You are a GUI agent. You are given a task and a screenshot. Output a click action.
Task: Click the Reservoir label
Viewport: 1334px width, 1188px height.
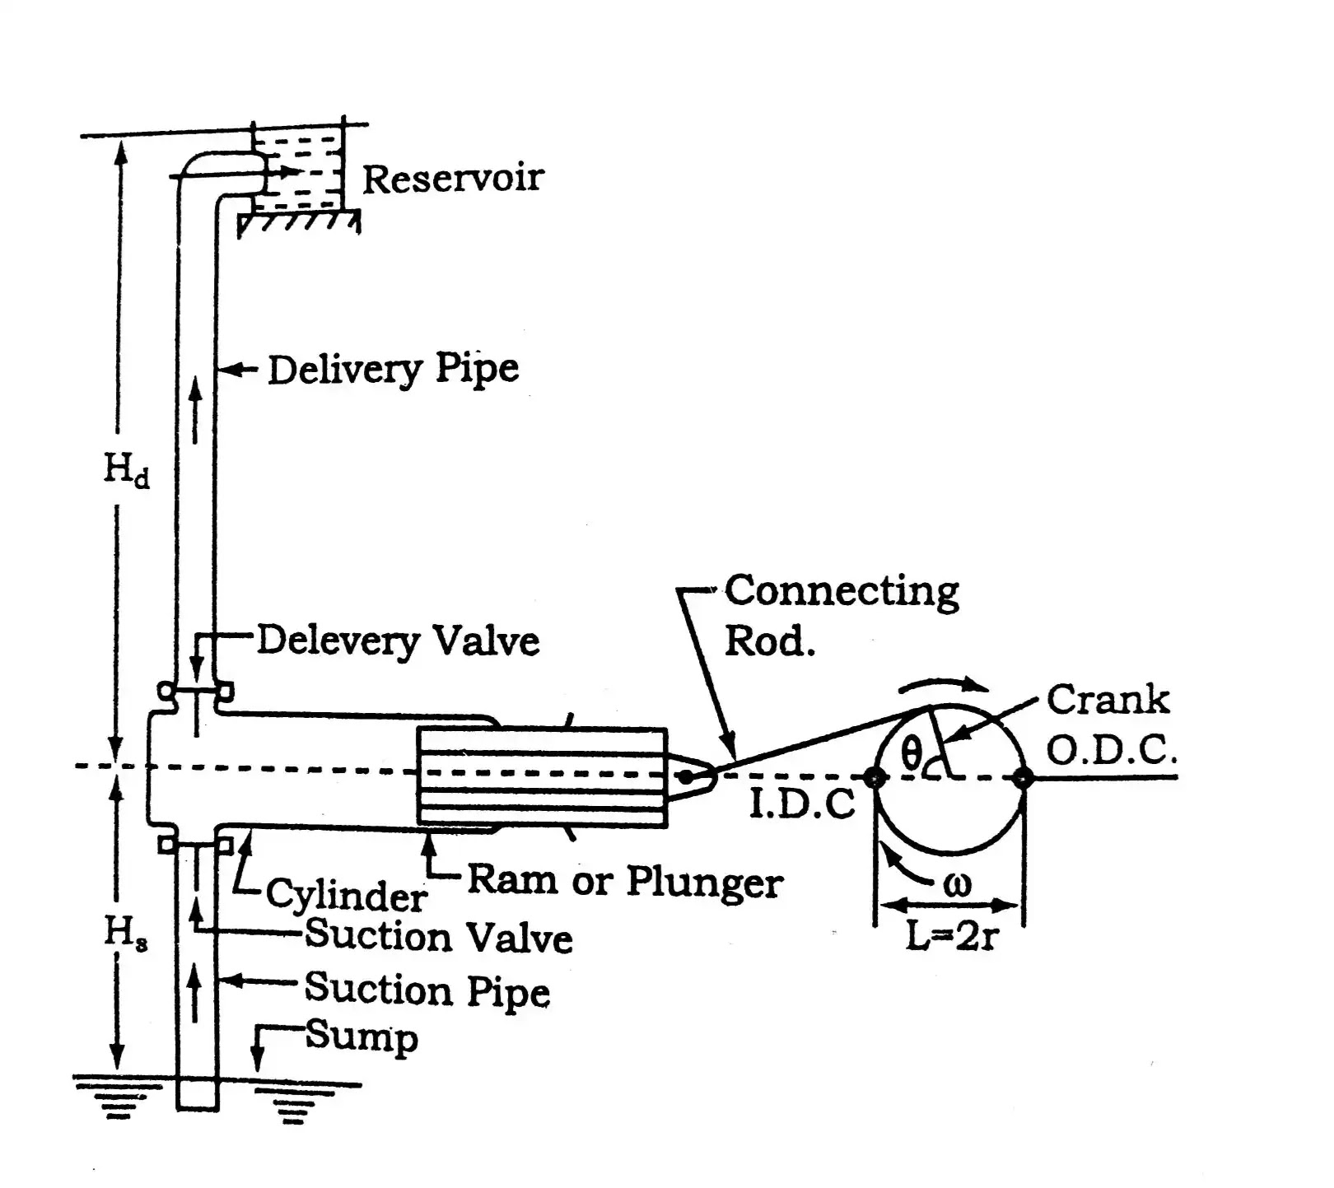453,178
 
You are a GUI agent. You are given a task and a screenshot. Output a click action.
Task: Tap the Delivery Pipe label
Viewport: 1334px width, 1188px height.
394,369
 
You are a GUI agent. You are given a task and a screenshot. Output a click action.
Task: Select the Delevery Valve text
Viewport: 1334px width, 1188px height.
399,641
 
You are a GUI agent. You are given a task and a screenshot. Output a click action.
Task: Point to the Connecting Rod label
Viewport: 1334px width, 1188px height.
842,615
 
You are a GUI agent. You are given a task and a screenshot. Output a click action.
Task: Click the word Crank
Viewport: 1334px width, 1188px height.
1108,700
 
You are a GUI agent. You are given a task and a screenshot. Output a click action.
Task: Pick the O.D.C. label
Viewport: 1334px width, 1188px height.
1112,750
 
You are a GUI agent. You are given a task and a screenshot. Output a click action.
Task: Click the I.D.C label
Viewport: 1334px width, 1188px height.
802,804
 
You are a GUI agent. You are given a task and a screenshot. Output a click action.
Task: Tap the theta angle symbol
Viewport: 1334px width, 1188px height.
910,752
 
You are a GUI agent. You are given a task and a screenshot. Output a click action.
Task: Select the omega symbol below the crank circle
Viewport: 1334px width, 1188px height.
957,885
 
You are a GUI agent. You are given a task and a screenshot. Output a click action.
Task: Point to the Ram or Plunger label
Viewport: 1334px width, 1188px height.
625,882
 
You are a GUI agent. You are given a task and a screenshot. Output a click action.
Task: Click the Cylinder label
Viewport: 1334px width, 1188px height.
346,895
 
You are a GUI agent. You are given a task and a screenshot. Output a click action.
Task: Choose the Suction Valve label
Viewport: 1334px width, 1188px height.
439,937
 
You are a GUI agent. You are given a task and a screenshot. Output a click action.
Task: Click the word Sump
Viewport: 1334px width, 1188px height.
361,1037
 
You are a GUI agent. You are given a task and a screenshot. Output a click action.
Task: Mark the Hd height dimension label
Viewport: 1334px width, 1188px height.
127,472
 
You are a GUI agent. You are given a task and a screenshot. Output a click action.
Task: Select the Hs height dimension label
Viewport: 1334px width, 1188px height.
126,934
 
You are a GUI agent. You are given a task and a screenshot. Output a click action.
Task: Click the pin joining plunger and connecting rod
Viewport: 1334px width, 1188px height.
685,776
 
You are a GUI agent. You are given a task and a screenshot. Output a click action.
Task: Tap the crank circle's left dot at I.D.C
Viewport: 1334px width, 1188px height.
875,776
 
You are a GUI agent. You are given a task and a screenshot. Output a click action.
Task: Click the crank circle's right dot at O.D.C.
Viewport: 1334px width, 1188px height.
1023,776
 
